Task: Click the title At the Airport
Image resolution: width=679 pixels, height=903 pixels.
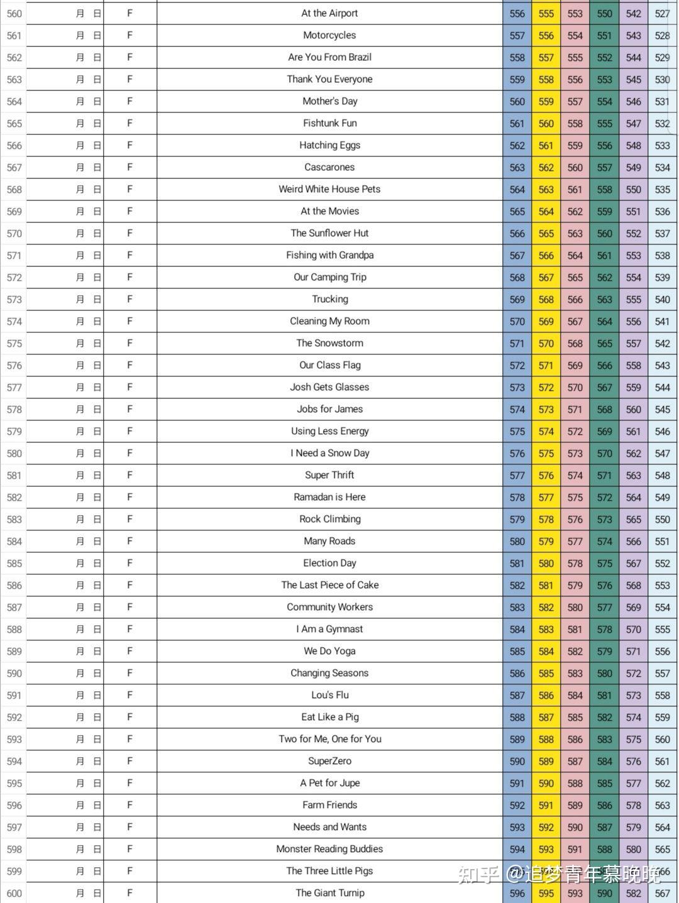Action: coord(329,13)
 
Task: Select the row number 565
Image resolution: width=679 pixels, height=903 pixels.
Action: coord(14,124)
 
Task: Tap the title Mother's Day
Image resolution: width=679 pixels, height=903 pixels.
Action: coord(329,101)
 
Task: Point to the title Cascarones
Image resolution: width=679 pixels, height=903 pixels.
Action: coord(329,167)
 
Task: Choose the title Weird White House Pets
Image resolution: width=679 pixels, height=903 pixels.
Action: coord(329,189)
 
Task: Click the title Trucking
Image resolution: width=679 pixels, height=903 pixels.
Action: coord(329,299)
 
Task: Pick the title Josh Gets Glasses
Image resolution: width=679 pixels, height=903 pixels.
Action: coord(329,387)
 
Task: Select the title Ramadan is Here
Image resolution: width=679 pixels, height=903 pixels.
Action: coord(329,497)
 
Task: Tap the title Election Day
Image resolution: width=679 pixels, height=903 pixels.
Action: coord(329,563)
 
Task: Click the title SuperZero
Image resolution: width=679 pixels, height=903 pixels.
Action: coord(329,761)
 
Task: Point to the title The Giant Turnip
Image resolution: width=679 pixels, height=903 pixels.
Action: coord(329,893)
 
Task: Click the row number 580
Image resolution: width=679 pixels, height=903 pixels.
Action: coord(14,454)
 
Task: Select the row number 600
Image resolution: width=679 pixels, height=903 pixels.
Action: coord(14,894)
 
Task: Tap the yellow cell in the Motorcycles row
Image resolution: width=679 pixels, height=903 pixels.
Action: coord(546,36)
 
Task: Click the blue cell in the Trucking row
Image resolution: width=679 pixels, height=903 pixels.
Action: coord(517,300)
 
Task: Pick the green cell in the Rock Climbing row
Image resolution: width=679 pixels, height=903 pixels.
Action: coord(604,520)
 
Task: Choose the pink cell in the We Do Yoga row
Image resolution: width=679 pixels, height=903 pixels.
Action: coord(575,652)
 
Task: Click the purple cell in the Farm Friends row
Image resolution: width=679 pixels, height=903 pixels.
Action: coord(633,806)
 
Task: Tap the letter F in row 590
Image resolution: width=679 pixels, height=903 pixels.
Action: coord(130,673)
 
